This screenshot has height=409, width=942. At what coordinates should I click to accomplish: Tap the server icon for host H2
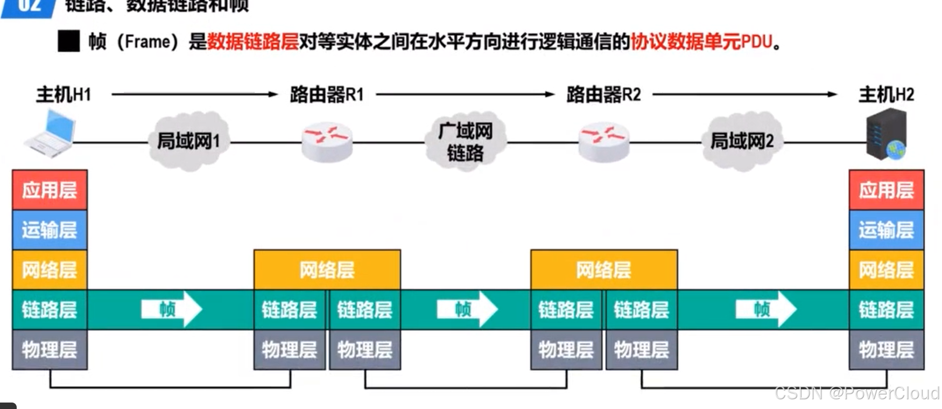point(887,134)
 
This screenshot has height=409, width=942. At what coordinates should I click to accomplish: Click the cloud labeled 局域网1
point(188,141)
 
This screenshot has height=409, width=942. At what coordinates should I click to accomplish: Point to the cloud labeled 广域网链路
point(466,142)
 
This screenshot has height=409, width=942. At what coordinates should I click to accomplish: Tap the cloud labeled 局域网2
point(742,141)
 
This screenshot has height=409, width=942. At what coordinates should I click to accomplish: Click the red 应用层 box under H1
point(50,190)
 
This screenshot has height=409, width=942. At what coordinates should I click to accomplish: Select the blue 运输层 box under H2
point(886,230)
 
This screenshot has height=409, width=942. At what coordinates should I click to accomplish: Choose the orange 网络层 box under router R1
point(327,269)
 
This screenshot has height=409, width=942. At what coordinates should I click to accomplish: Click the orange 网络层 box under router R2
point(603,269)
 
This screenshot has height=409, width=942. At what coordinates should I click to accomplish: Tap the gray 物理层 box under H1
point(50,350)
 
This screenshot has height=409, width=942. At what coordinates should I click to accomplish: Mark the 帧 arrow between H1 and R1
point(171,309)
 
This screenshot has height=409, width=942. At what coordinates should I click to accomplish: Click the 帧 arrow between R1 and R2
point(467,309)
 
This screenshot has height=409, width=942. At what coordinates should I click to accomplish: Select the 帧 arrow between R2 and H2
point(765,309)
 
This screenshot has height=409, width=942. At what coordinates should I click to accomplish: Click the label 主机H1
point(64,95)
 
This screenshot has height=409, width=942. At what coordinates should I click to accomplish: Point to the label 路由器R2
point(603,95)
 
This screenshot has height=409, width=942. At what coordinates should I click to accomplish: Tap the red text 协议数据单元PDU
point(701,41)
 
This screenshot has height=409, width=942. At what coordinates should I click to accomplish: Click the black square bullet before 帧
point(68,41)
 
